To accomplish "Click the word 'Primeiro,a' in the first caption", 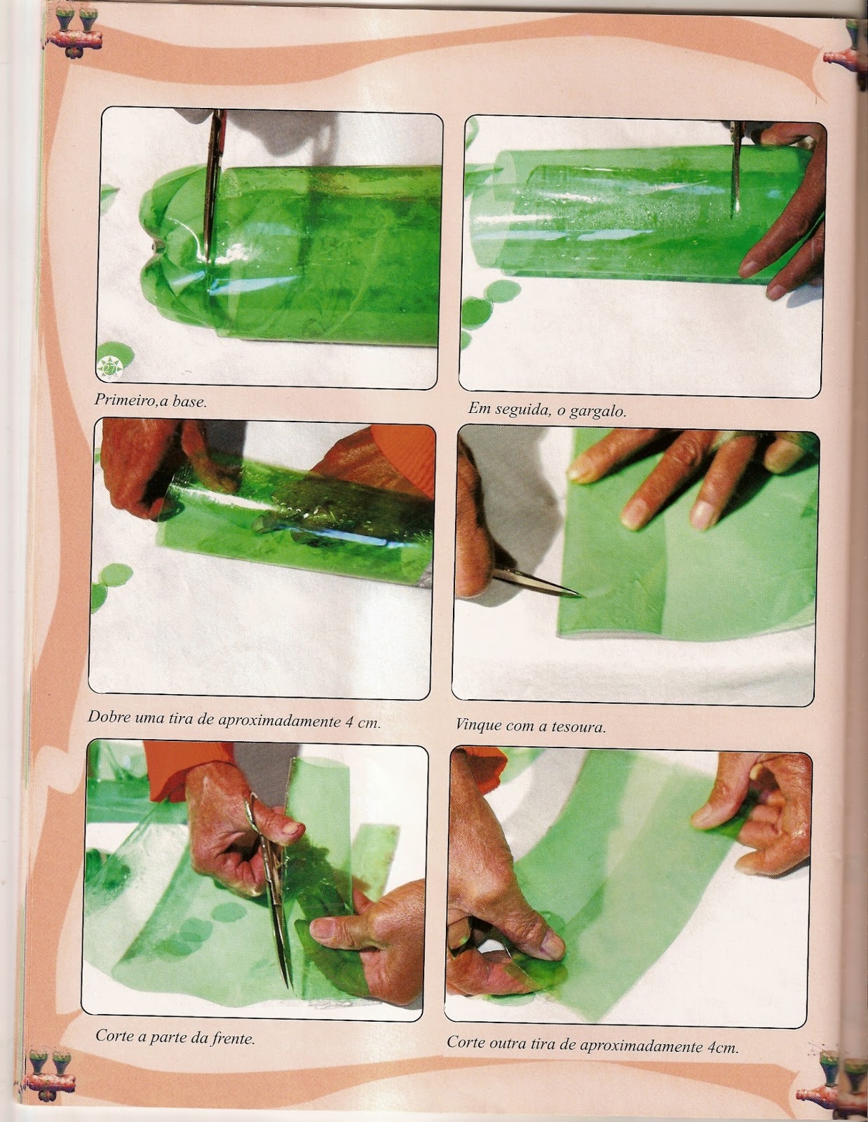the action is pos(126,400).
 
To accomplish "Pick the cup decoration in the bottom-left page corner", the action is pos(53,1077).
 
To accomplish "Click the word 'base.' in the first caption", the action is pos(191,401).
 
